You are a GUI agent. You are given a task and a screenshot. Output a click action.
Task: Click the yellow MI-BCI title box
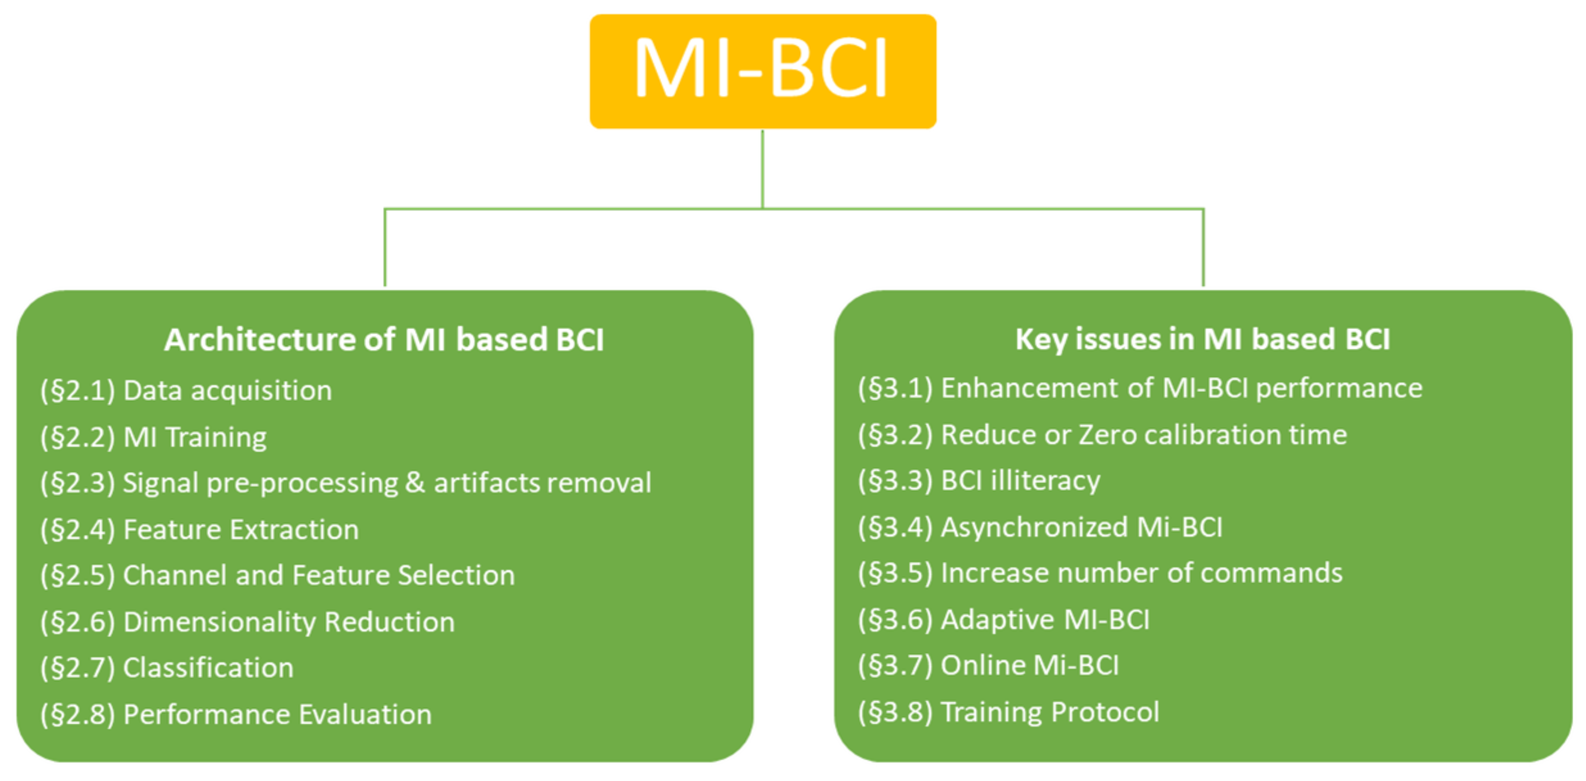[763, 71]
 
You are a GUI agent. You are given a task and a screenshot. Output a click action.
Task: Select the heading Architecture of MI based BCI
[384, 339]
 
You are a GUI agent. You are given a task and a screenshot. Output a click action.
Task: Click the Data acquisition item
[186, 390]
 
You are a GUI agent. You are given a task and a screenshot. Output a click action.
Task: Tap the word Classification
[208, 668]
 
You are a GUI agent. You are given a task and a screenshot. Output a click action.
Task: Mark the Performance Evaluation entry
[236, 714]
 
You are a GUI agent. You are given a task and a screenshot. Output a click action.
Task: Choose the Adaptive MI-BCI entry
[1004, 619]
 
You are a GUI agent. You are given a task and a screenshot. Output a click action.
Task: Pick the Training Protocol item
[1009, 712]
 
